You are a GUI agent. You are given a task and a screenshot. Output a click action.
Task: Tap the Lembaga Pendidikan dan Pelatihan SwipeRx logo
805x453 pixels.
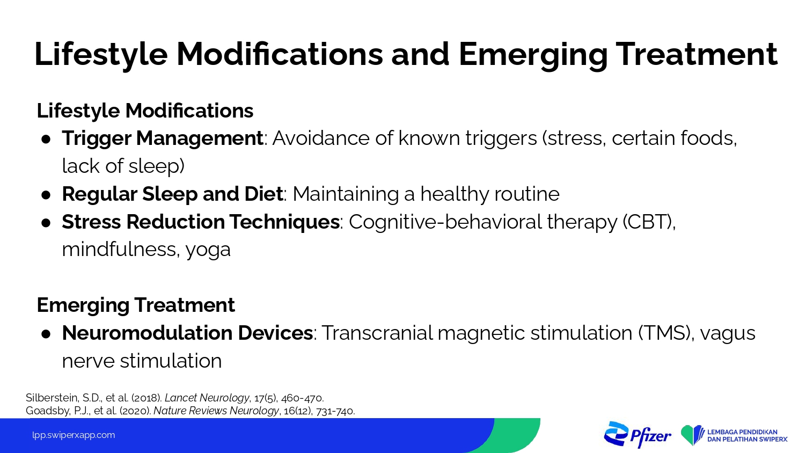tap(734, 435)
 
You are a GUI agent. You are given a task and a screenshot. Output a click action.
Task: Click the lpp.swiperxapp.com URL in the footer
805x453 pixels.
tap(74, 435)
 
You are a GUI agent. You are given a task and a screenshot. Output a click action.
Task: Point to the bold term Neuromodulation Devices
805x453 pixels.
tap(187, 333)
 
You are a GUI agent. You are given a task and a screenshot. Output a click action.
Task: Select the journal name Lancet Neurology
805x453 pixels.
tap(207, 398)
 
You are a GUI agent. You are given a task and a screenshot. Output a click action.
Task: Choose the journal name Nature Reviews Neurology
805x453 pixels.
tap(216, 411)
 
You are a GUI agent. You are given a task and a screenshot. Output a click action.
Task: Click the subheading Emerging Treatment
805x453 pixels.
tap(136, 305)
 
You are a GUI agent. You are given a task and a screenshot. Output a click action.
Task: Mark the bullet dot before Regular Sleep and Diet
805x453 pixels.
tap(46, 195)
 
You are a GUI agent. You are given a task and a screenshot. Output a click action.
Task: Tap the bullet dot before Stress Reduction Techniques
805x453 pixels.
tap(46, 223)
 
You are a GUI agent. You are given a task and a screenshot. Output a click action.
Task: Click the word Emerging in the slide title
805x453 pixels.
tap(533, 55)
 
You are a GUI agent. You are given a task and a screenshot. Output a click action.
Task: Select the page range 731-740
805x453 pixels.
tap(335, 411)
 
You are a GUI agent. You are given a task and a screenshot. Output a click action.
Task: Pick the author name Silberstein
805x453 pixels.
tap(52, 398)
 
